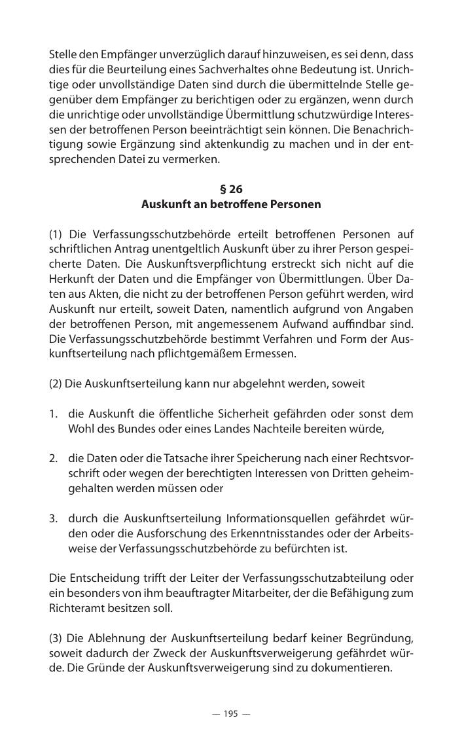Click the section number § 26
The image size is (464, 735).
click(x=231, y=190)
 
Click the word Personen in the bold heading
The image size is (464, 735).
click(x=296, y=204)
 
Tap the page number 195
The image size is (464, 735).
click(x=230, y=713)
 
